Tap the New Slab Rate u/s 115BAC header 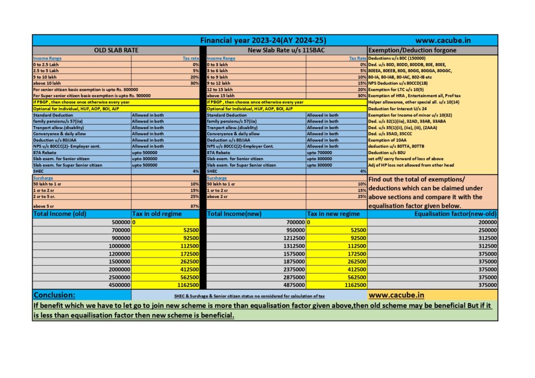[x=286, y=50]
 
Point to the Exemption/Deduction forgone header [x=412, y=50]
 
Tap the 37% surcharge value [x=194, y=206]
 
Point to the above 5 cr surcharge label [x=44, y=206]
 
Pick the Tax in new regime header [x=333, y=214]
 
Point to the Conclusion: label [x=54, y=294]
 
